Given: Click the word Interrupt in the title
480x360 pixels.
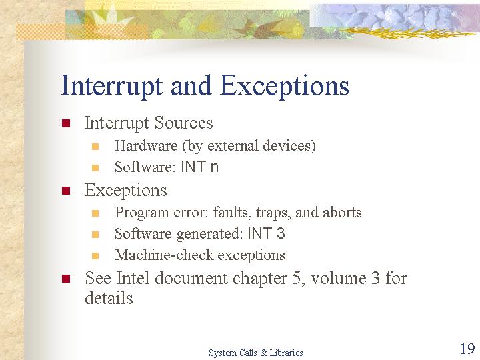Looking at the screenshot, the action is coord(112,86).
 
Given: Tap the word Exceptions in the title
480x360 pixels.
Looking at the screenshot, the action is coord(285,86).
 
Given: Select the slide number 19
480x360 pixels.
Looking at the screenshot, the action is coord(467,349).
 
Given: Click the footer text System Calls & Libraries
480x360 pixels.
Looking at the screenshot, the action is coord(256,353).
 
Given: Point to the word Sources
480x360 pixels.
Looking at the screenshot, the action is coord(183,123).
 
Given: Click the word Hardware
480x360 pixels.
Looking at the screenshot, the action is coord(146,145).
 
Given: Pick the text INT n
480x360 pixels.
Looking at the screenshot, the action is coord(199,167).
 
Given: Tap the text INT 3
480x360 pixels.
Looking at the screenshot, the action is coord(266,233).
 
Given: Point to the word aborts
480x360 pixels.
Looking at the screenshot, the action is coord(342,212).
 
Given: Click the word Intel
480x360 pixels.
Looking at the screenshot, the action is coord(133,278).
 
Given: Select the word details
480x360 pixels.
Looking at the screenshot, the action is coord(109,297).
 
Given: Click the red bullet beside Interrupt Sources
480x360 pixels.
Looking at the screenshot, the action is coord(66,123).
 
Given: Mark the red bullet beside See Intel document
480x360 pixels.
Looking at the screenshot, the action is coord(66,279).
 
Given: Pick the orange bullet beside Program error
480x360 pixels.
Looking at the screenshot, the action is coord(95,213).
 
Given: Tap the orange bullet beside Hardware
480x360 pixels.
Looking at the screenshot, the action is coord(95,147).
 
